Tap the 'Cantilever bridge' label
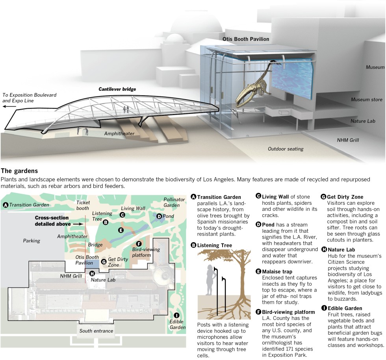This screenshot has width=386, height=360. [117, 89]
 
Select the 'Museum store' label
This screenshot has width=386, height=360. [366, 100]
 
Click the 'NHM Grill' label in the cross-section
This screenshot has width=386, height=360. [348, 140]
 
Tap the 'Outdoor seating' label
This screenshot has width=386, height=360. [286, 149]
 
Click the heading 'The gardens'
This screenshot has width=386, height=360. [19, 171]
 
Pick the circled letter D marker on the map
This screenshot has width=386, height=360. [159, 216]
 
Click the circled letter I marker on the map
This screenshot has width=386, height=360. [176, 315]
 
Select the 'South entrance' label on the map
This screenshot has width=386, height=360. [96, 331]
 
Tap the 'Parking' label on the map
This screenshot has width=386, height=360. [32, 241]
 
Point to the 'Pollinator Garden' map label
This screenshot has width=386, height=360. [174, 202]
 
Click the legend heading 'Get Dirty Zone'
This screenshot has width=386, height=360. [345, 197]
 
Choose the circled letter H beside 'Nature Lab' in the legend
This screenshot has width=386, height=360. [324, 249]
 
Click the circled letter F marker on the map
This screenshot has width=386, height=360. [139, 244]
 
